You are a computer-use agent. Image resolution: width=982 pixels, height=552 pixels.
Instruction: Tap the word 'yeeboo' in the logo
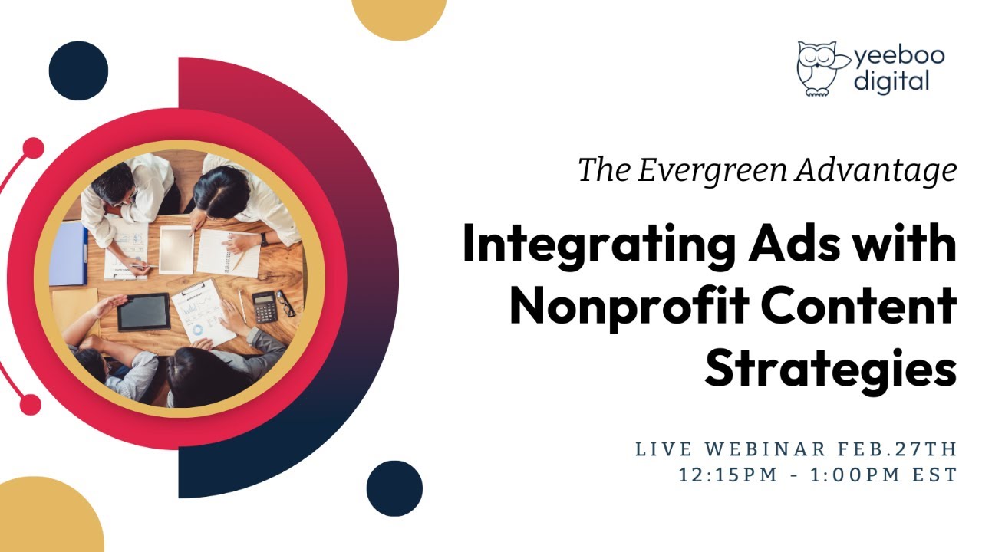pos(899,56)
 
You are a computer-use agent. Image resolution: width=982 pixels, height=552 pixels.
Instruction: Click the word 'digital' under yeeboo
pos(891,80)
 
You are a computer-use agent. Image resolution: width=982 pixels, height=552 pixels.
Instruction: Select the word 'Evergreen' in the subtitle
pos(711,170)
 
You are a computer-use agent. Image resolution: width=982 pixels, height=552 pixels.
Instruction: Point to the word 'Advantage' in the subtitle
pos(875,170)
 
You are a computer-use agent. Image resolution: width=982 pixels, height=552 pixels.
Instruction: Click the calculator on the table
pos(265,307)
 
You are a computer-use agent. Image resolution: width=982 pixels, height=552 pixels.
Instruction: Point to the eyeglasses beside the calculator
pos(285,303)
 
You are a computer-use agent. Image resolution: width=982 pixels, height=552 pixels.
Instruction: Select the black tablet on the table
pos(143,311)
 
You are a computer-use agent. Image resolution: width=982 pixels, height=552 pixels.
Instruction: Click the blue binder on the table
pos(70,254)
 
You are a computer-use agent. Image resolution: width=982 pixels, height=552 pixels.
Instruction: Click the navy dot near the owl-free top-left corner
pos(78,71)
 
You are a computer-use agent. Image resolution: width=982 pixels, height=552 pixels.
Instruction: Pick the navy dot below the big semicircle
pos(394,488)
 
